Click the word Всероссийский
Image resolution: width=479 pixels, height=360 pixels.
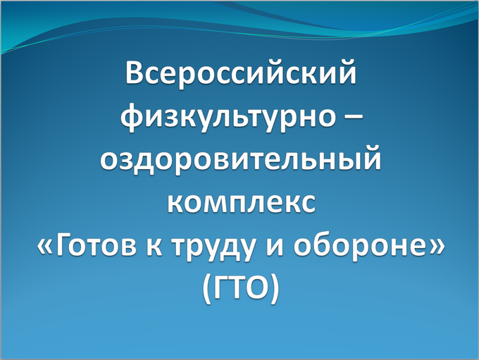241,72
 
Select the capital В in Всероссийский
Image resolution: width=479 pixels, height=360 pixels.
136,72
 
